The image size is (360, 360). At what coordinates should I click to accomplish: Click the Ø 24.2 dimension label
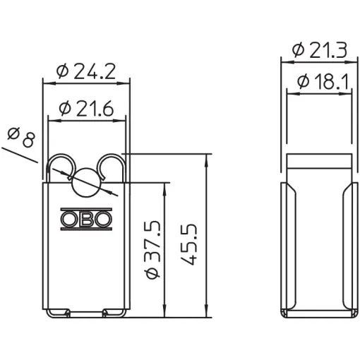point(86,71)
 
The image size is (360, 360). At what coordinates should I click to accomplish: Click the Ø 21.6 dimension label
point(86,109)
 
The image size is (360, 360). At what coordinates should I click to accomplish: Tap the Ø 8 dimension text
point(21,137)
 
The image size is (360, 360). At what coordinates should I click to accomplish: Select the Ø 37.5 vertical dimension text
point(153,249)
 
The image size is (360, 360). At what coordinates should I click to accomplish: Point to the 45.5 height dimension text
point(188,244)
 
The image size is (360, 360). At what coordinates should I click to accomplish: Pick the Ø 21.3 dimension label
point(320,50)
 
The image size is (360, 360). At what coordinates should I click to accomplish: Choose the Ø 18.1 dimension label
point(323,82)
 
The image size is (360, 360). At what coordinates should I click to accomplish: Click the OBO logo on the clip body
point(86,219)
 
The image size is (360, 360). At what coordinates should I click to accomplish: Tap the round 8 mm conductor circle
point(85,183)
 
